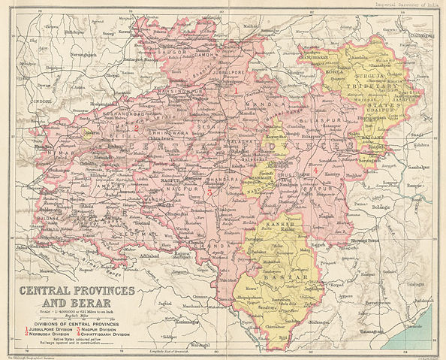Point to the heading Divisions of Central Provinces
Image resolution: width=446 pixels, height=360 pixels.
tap(70, 322)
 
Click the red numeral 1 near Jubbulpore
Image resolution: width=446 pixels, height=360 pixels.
tap(237, 89)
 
